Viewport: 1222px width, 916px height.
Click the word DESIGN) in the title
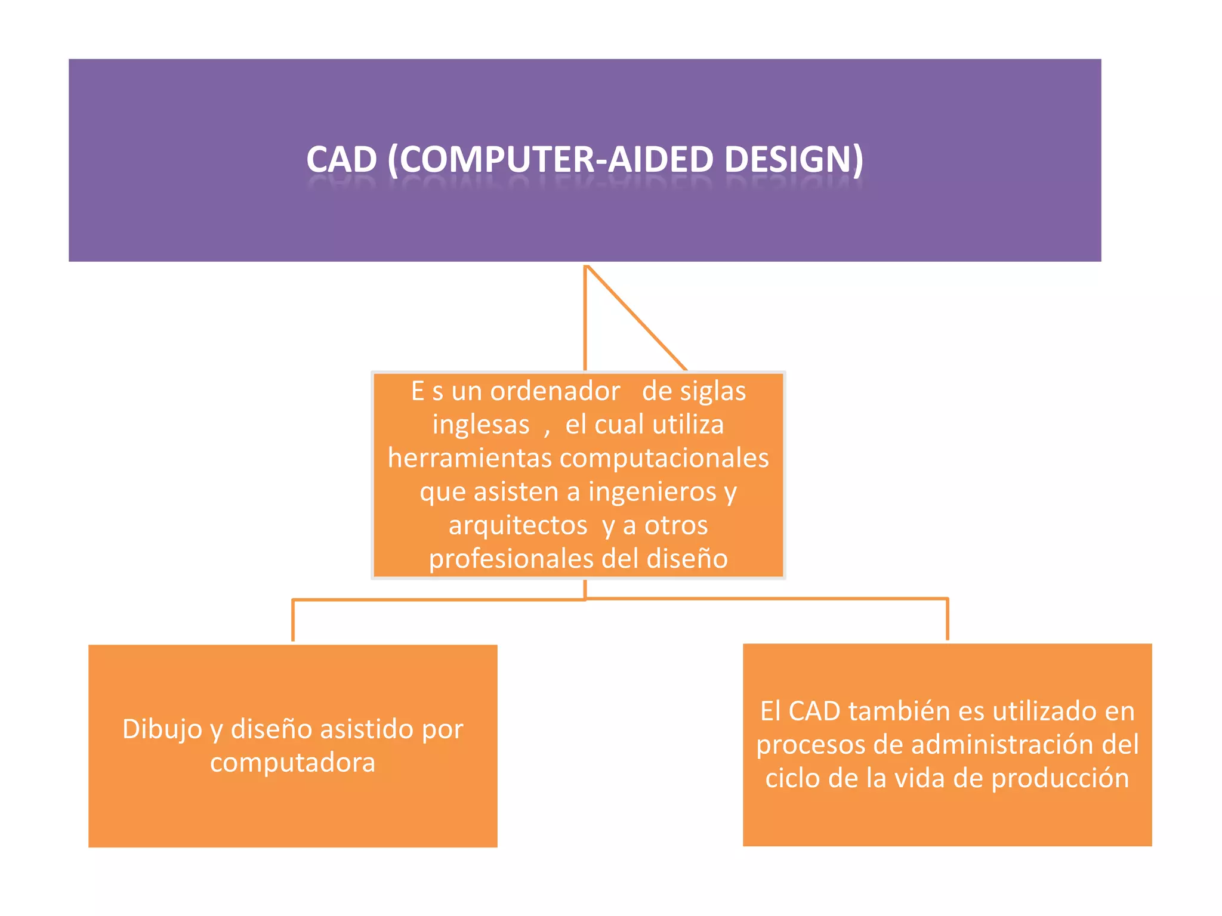794,160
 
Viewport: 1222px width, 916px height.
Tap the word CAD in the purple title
342,160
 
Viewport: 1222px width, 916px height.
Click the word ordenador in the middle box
555,391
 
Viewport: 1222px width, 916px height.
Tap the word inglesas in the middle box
481,425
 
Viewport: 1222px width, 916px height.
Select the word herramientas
470,458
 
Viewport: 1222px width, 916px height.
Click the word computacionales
664,458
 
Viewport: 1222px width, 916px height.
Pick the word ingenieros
653,492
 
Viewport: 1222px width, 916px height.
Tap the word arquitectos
518,525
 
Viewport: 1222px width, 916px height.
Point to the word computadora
292,762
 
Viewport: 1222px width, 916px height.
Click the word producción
1060,778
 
